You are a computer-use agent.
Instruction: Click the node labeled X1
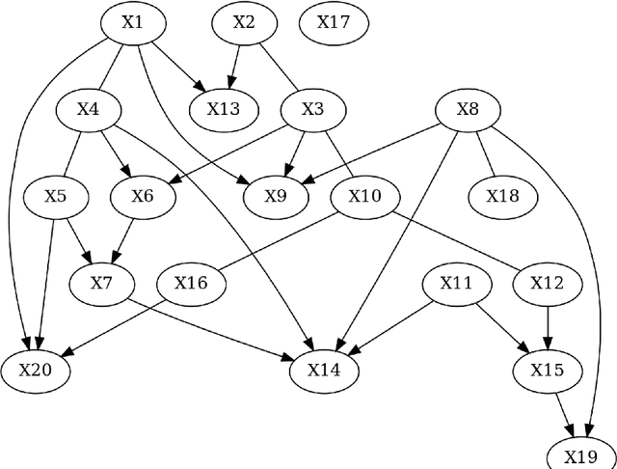(132, 22)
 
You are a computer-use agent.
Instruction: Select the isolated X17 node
(333, 22)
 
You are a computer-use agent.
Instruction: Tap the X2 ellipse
(245, 22)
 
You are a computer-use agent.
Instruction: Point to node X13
(224, 108)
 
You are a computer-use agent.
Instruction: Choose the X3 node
(312, 108)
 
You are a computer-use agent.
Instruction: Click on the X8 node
(467, 108)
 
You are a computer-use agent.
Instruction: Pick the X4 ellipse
(88, 108)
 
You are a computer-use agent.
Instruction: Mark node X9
(276, 196)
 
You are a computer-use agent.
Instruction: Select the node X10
(364, 196)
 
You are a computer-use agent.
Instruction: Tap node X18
(501, 196)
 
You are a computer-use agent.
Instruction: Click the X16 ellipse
(190, 283)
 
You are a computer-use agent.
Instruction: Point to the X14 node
(325, 370)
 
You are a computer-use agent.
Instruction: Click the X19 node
(580, 456)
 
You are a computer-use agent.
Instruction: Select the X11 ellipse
(457, 283)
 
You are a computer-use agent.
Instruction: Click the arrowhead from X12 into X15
(548, 341)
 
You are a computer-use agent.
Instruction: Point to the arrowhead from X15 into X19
(571, 430)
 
